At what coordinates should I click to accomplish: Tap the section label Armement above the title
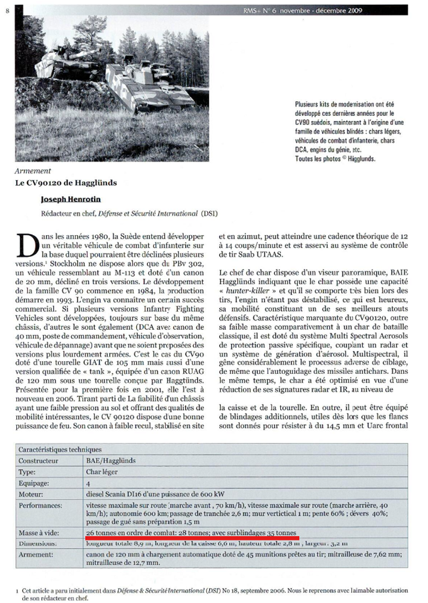[x=34, y=171]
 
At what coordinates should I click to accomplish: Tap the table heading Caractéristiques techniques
[x=59, y=449]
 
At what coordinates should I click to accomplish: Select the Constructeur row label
[x=40, y=461]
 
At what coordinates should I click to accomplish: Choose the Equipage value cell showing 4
[x=89, y=484]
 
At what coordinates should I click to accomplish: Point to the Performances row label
[x=41, y=507]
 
